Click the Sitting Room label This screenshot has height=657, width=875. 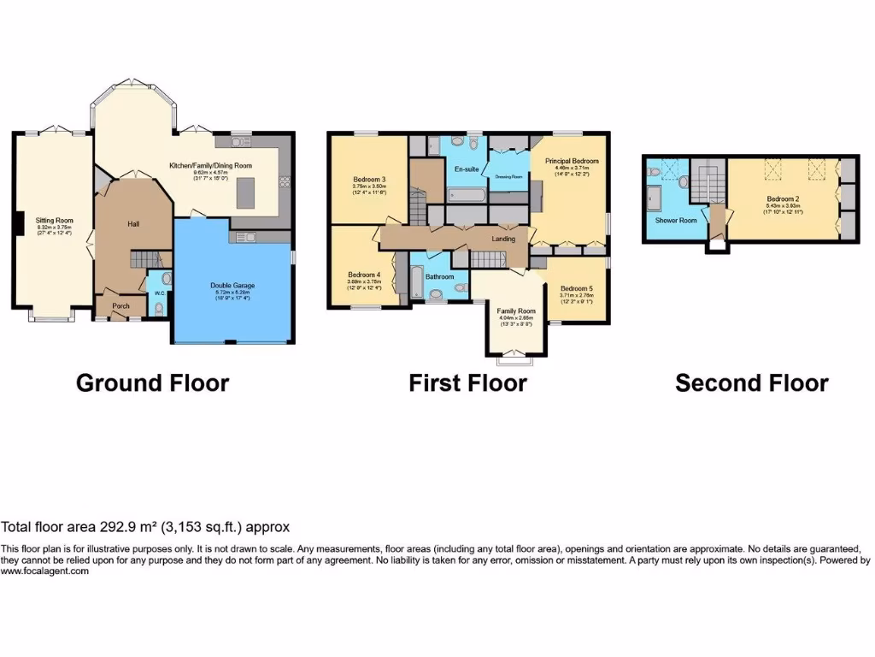55,220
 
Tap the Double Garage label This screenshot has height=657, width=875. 232,286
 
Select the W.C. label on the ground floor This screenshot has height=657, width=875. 159,293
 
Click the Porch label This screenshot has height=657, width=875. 120,306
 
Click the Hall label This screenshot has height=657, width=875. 133,224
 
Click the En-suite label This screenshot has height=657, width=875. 467,169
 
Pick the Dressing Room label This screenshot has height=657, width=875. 508,176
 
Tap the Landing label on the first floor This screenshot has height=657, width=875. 504,239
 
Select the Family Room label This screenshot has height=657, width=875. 516,311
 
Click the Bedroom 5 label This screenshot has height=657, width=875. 577,289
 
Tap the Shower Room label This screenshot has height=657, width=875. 676,220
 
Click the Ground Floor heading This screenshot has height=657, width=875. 152,382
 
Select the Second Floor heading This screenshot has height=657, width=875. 751,382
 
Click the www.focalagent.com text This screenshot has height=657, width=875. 44,571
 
